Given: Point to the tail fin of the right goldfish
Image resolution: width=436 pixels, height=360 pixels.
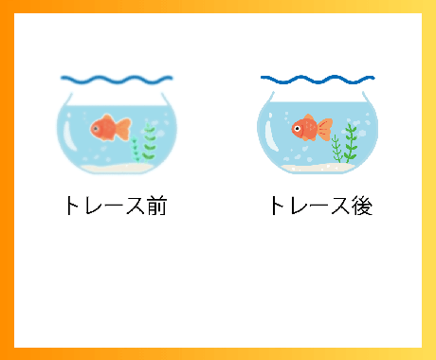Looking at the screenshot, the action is pos(327,126).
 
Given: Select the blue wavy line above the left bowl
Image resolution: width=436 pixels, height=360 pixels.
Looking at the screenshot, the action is pos(116,79).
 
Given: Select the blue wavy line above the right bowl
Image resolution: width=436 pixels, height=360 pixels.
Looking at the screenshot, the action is pos(318,79).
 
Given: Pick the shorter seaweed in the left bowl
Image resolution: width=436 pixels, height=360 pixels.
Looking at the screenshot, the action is pos(136,150).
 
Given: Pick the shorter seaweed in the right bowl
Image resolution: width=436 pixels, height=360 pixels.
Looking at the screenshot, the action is pos(336,151).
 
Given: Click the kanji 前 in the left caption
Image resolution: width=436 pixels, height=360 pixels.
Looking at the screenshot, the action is pos(155,205).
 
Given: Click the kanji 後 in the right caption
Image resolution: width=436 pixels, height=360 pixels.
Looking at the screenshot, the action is pos(360,206).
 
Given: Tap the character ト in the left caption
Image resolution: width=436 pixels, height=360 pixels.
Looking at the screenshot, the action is pos(73,205).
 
